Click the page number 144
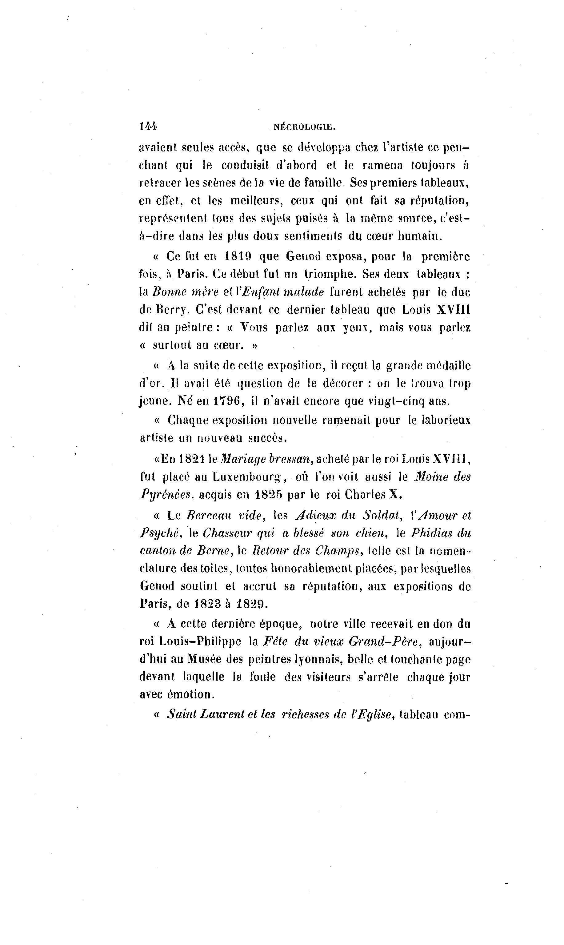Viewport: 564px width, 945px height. pyautogui.click(x=148, y=127)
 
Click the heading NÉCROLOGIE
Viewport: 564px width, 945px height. pyautogui.click(x=304, y=127)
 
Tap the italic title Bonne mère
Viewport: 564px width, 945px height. pyautogui.click(x=186, y=292)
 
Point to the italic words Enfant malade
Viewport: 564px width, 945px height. pyautogui.click(x=283, y=292)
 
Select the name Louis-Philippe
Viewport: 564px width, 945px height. pyautogui.click(x=200, y=642)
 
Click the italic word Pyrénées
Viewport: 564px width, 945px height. pyautogui.click(x=165, y=495)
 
